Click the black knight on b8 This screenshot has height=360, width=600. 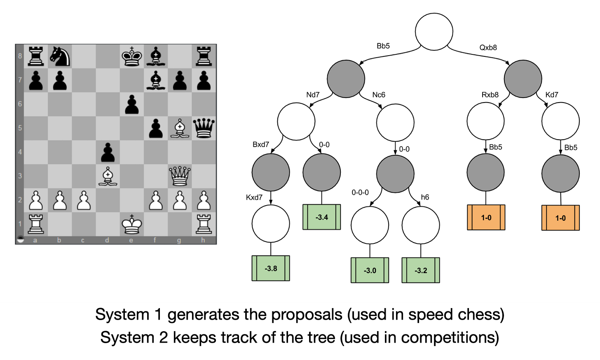point(60,56)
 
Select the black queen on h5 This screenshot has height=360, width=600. point(204,128)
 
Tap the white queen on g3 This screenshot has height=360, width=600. point(180,176)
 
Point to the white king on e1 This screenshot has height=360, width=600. point(132,224)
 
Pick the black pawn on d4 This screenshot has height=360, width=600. point(108,152)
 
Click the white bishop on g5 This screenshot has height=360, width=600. point(180,128)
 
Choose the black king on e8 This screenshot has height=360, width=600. point(132,56)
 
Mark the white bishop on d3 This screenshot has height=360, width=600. point(108,176)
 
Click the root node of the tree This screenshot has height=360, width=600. point(434,32)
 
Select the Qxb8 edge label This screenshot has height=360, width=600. point(488,47)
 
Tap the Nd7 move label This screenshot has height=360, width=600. point(313,95)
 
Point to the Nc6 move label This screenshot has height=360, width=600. point(379,95)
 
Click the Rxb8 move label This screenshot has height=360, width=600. point(490,95)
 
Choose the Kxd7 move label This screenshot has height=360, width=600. point(254,197)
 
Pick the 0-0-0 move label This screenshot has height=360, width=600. point(360,192)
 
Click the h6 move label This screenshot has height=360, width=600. point(425,197)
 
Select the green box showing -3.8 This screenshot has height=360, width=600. point(271,268)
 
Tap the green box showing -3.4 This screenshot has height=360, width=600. point(322,217)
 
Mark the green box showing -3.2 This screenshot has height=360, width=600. point(421,270)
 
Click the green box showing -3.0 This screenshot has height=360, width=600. point(370,270)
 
